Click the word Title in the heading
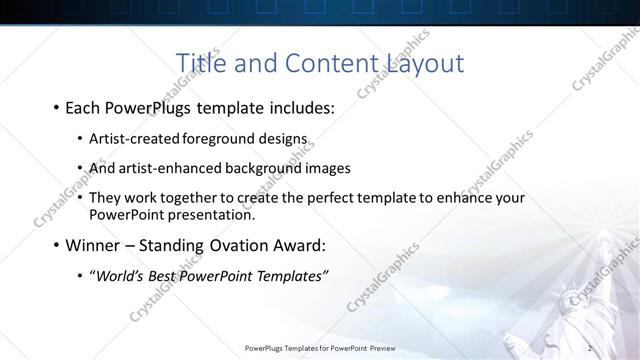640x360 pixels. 199,63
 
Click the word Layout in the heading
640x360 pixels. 425,64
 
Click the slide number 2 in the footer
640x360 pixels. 590,348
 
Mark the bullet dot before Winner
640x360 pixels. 54,245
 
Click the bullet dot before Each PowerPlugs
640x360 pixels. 54,107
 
